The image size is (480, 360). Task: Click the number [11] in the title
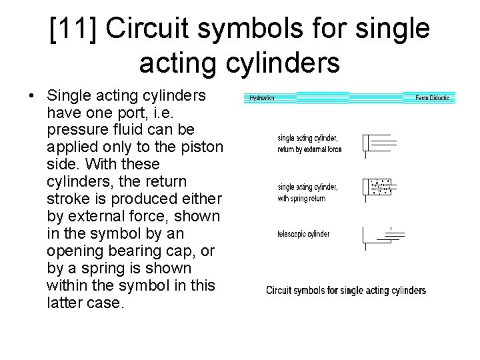[x=73, y=29]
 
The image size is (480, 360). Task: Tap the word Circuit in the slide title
[x=147, y=27]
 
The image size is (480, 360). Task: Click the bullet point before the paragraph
[x=31, y=96]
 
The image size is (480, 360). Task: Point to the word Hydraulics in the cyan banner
[x=262, y=98]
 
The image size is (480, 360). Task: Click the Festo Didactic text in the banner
[x=432, y=98]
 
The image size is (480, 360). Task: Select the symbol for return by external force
[x=379, y=146]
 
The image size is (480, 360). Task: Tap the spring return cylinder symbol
[x=379, y=190]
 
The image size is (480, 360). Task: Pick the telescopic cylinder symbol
[x=383, y=239]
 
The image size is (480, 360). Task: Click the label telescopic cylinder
[x=303, y=234]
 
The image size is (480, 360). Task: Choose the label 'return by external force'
[x=309, y=149]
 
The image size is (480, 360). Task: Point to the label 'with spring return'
[x=301, y=199]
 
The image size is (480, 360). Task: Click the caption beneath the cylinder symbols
[x=346, y=290]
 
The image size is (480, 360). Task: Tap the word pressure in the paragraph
[x=77, y=131]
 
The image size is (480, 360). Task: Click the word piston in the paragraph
[x=202, y=147]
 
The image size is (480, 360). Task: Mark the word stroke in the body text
[x=68, y=199]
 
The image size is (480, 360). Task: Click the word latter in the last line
[x=65, y=303]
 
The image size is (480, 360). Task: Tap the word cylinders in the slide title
[x=283, y=64]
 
